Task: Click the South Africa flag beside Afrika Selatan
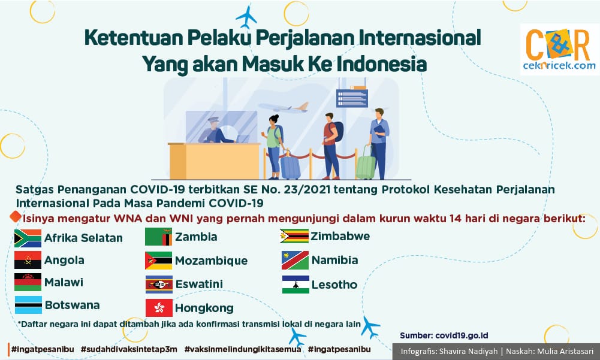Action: coord(28,238)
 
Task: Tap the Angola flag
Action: coord(28,260)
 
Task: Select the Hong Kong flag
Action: coord(159,308)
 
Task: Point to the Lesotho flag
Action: coord(296,285)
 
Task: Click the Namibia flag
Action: coord(295,260)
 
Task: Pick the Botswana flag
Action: coord(28,305)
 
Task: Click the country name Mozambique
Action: coord(211,261)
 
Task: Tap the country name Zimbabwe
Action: coord(340,236)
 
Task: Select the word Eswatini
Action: coord(199,284)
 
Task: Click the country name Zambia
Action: coord(196,237)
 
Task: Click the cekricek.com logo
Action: coord(559,49)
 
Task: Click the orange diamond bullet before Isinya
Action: coord(16,216)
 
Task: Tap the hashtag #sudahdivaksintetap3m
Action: coord(129,349)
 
